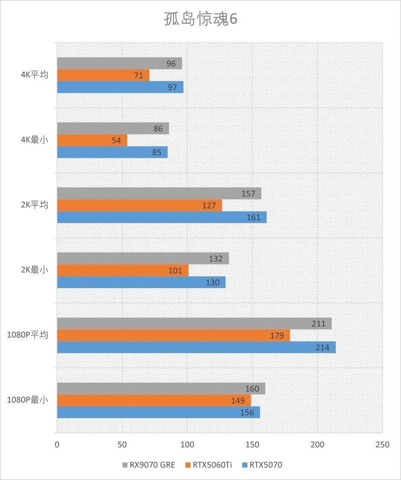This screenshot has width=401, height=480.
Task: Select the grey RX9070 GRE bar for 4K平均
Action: pyautogui.click(x=119, y=64)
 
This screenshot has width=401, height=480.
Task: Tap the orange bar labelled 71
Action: pyautogui.click(x=103, y=75)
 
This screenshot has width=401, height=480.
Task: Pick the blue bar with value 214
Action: pyautogui.click(x=195, y=347)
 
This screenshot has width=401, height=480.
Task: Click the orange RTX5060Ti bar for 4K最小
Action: pyautogui.click(x=92, y=140)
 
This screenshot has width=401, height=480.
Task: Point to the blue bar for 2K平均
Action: pyautogui.click(x=161, y=217)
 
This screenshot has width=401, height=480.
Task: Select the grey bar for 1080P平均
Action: pyautogui.click(x=194, y=324)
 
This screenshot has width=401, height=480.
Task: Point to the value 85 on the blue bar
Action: pyautogui.click(x=156, y=152)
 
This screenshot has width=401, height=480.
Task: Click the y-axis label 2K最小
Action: pyautogui.click(x=35, y=270)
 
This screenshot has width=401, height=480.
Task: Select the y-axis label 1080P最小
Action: pyautogui.click(x=28, y=400)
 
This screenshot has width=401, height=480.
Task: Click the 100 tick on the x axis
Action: pyautogui.click(x=187, y=444)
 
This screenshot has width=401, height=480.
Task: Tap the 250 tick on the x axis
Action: pyautogui.click(x=382, y=444)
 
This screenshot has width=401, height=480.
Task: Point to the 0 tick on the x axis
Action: pyautogui.click(x=57, y=444)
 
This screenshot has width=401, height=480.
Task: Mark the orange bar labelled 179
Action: pyautogui.click(x=173, y=336)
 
